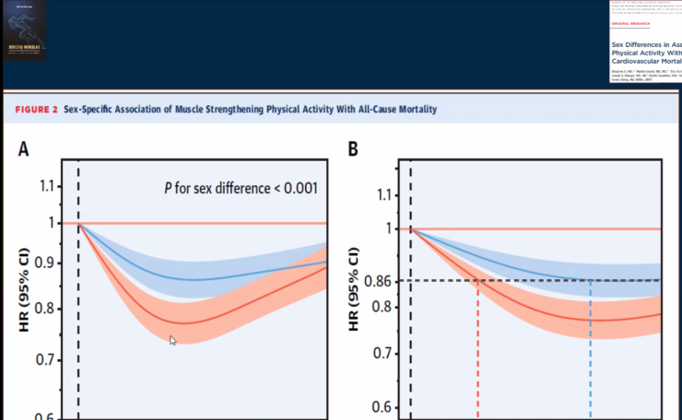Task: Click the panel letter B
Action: [353, 146]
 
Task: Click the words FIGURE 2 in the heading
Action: [36, 110]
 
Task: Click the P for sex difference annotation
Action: [241, 189]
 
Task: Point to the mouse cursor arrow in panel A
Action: [172, 340]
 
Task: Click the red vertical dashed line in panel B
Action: [478, 350]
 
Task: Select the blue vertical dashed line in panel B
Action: [591, 350]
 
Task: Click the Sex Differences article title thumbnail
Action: [645, 52]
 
